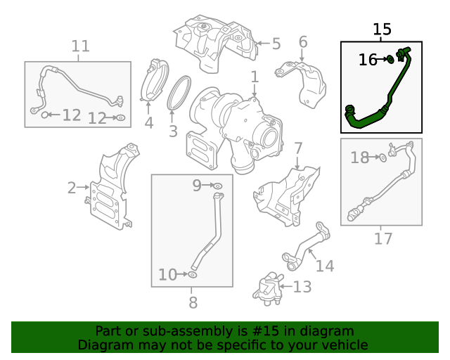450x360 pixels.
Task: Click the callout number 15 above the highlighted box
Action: (382, 30)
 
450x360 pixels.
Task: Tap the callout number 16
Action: (368, 60)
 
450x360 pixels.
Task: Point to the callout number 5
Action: (276, 44)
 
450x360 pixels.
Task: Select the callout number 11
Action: (80, 46)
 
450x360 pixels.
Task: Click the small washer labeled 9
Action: (218, 186)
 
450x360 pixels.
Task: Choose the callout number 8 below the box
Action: (193, 303)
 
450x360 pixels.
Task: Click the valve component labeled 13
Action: (266, 288)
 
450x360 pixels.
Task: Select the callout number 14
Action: (324, 266)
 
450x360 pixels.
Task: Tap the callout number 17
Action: (382, 239)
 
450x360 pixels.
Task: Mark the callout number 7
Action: (298, 148)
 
